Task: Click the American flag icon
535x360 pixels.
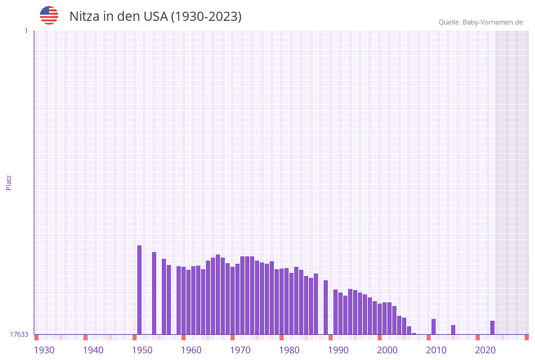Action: point(49,15)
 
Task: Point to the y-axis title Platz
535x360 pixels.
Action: point(9,182)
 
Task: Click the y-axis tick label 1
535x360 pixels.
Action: point(26,31)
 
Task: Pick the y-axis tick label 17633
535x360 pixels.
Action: point(19,334)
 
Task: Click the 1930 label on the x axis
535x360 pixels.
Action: point(44,350)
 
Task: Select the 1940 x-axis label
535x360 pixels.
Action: point(93,350)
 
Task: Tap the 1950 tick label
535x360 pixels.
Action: point(142,350)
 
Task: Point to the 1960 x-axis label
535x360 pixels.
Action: point(191,350)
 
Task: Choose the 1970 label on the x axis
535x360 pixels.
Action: point(240,350)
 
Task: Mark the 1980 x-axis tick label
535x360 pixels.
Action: point(289,350)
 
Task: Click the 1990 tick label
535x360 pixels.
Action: point(338,350)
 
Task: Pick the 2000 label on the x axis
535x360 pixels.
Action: point(387,350)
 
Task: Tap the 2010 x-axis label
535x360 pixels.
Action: point(436,350)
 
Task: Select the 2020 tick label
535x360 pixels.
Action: point(485,350)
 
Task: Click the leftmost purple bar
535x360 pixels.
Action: point(139,289)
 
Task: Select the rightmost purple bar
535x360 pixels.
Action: point(492,327)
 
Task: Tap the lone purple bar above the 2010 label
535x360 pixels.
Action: point(433,326)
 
